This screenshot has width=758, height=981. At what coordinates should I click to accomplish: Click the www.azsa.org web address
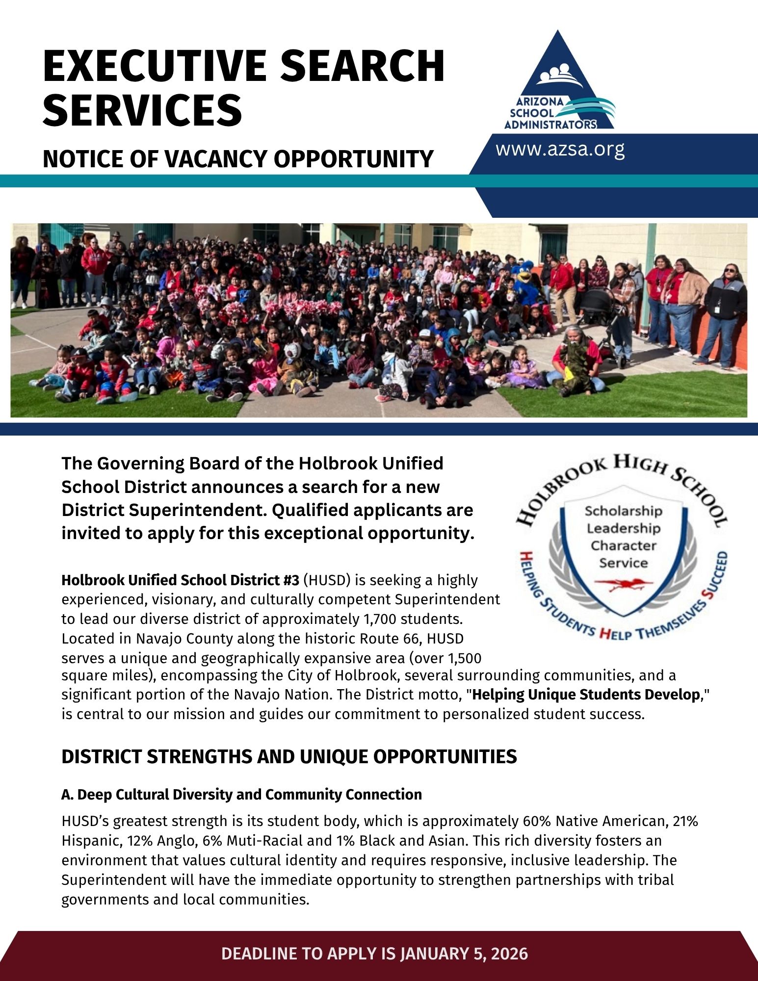point(560,149)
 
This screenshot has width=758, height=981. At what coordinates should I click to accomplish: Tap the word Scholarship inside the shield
point(623,511)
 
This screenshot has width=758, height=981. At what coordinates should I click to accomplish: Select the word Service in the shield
point(623,563)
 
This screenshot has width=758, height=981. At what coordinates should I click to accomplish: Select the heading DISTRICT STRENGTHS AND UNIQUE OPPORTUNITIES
point(289,757)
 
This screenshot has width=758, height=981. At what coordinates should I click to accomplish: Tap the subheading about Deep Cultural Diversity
point(241,795)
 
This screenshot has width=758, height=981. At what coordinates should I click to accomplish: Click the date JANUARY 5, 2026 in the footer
point(464,954)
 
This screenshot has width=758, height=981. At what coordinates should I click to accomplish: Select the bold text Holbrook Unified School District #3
point(180,580)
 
